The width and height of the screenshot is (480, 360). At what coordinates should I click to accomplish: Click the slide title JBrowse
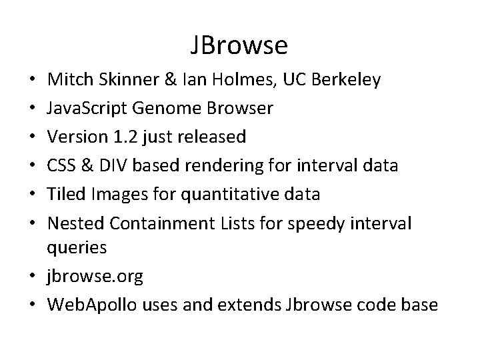click(x=239, y=45)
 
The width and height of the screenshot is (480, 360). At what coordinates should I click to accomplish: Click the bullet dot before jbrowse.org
click(x=33, y=277)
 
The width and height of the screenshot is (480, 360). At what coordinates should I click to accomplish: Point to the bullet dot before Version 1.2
click(x=33, y=137)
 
